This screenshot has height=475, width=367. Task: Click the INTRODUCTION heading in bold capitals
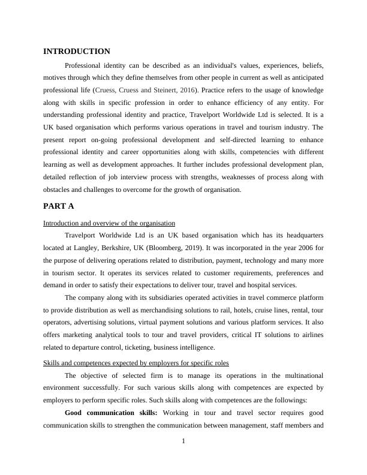pyautogui.click(x=77, y=52)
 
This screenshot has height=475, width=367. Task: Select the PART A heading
pyautogui.click(x=59, y=206)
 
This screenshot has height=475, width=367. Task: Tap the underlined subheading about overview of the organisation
pyautogui.click(x=109, y=223)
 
